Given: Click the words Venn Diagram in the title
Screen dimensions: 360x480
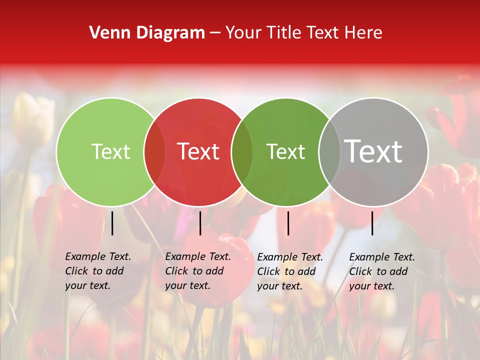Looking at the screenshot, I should click(x=147, y=32).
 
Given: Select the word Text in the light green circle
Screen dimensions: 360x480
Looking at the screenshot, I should click(x=110, y=151).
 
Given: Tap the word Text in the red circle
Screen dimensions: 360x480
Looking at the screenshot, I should click(x=198, y=151).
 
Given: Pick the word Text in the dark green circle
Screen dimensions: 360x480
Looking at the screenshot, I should click(x=285, y=151).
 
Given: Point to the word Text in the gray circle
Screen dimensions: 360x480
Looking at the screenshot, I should click(x=373, y=151).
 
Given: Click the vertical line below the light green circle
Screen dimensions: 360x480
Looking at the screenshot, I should click(x=112, y=223).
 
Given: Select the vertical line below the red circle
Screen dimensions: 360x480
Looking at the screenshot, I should click(x=200, y=223).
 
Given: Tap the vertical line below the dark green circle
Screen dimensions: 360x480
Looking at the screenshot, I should click(x=288, y=223).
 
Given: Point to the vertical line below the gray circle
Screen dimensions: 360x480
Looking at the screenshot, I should click(x=372, y=223).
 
